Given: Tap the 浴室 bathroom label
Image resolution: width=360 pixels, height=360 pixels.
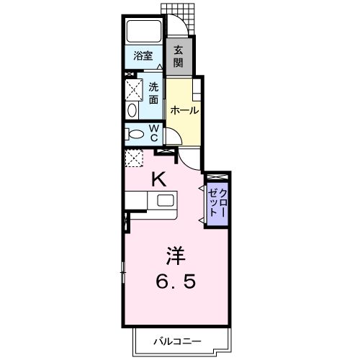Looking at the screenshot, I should [x=143, y=55].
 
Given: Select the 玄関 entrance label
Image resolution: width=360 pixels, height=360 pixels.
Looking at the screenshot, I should [x=178, y=57].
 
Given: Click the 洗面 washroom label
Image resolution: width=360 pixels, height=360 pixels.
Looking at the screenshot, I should [x=154, y=94].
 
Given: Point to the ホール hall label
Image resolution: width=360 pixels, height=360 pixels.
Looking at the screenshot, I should [x=184, y=110].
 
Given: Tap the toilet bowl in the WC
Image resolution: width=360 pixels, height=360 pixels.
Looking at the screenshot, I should [x=134, y=133].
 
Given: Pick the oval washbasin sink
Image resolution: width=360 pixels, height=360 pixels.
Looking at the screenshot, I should [x=133, y=110].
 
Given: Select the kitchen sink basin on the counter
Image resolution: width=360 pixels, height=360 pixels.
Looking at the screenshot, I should [x=165, y=200].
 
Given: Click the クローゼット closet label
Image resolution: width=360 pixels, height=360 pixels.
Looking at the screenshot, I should [x=217, y=202].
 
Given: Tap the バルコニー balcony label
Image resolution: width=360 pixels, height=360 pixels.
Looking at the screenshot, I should [x=176, y=341].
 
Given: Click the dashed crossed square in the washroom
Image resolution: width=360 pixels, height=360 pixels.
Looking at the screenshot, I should [x=134, y=90].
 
